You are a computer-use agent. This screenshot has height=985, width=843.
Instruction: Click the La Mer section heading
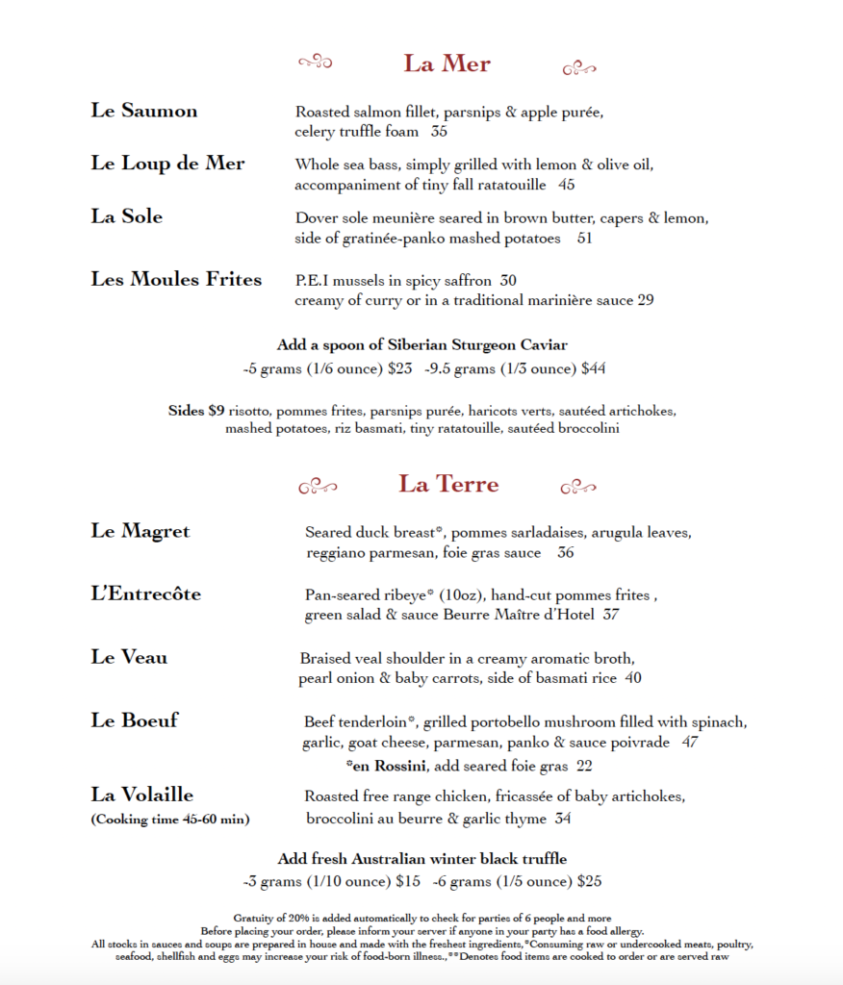click(447, 63)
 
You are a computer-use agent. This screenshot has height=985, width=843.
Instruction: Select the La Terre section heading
click(449, 483)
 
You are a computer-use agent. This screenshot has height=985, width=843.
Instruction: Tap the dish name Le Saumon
click(144, 111)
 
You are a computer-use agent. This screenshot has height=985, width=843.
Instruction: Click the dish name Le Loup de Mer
click(167, 164)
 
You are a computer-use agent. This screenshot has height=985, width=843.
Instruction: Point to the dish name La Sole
click(127, 216)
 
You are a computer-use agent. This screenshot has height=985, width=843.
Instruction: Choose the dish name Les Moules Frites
click(176, 280)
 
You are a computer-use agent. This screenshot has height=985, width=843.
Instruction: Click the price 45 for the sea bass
click(566, 185)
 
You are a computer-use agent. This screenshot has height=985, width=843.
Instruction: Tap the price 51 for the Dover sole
click(585, 238)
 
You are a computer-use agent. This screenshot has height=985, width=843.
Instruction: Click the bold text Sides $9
click(196, 411)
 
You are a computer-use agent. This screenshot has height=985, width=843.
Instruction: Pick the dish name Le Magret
click(140, 531)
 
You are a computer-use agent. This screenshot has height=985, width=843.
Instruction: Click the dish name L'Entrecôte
click(146, 594)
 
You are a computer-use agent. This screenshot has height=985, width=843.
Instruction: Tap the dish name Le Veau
click(129, 657)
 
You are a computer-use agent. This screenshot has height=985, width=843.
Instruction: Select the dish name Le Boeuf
click(135, 720)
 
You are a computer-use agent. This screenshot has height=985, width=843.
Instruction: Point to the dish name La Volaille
click(142, 795)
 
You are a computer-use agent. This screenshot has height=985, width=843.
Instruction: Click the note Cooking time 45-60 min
click(170, 820)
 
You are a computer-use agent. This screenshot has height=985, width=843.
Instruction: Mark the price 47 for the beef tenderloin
click(689, 743)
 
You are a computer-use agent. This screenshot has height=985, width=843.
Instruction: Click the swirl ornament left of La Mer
click(315, 63)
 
